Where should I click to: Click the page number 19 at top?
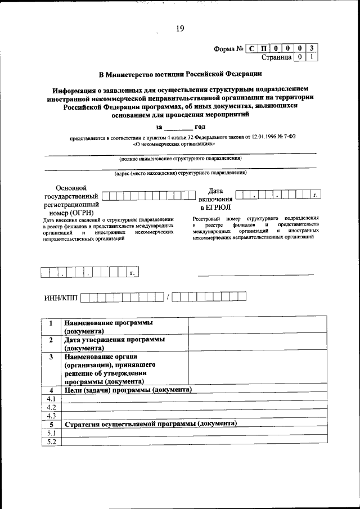click(x=179, y=29)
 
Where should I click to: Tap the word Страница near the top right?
click(x=276, y=57)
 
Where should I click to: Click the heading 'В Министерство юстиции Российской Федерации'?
click(x=180, y=74)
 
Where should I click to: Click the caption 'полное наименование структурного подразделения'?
click(x=180, y=159)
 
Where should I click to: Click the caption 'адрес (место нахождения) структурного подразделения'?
click(x=180, y=174)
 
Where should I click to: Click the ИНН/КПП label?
click(x=61, y=297)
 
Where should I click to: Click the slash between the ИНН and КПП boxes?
click(x=168, y=296)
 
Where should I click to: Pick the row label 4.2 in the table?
click(x=51, y=407)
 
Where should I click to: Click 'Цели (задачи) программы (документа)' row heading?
click(x=128, y=390)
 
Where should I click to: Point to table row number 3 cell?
click(x=51, y=357)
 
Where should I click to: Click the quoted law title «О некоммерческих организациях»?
click(x=174, y=143)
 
